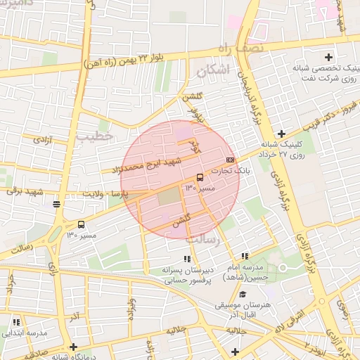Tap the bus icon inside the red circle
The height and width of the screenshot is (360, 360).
[200, 178]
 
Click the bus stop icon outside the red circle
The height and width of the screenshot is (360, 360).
[82, 225]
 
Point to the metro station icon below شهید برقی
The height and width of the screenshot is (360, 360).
[56, 205]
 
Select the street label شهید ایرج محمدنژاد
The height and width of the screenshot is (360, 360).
[146, 166]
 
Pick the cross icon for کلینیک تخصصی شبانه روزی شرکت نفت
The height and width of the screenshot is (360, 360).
[328, 56]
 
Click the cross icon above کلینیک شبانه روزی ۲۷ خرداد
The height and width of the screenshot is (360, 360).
[281, 134]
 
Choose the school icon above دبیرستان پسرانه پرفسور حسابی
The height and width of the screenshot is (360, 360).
[186, 259]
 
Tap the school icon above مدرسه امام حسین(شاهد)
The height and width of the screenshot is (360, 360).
[245, 257]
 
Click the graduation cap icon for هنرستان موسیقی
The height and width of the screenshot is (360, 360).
[243, 295]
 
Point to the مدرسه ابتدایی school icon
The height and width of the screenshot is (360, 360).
[15, 322]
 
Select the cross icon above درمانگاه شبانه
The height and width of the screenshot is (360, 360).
[73, 347]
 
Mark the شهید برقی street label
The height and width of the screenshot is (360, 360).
[26, 191]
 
